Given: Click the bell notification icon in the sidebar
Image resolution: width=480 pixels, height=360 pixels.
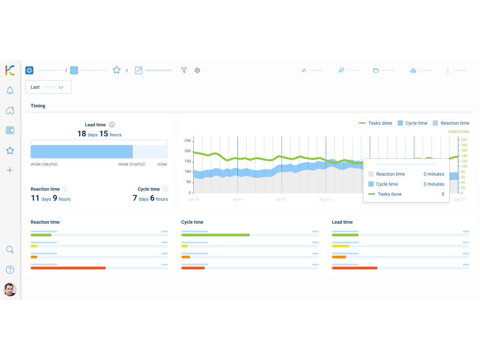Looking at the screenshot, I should point(10,90).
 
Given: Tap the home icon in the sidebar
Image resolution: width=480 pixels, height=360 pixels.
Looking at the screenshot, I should point(10,111).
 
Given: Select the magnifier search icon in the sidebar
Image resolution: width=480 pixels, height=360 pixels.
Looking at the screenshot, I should point(10,250).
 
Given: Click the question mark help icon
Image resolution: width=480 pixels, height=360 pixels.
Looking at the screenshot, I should point(10,270).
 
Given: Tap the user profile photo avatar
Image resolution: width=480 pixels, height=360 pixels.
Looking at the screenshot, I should point(10,290).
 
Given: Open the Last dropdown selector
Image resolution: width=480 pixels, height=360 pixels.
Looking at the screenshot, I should point(48,87).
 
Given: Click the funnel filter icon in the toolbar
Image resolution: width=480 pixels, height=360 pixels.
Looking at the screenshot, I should point(184,70).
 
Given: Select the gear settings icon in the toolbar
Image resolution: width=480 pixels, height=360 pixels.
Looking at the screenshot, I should point(197,70).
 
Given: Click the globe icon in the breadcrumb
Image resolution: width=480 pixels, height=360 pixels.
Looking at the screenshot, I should point(29,70).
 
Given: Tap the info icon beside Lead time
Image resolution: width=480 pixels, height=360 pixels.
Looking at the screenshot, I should point(112,125).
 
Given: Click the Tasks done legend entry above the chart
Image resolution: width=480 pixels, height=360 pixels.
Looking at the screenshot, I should point(375,123).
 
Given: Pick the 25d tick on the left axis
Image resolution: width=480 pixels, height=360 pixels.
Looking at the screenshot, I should point(187,141).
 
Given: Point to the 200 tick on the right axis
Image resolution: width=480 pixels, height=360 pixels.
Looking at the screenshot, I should point(464,140).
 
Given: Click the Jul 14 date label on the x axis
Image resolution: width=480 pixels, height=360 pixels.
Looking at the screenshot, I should point(237,200).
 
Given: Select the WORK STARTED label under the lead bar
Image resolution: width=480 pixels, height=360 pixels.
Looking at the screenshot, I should point(132,165).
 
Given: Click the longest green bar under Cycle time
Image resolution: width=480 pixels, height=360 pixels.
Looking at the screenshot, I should point(215,235).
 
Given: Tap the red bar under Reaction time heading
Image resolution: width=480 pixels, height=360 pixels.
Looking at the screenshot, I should point(68,268).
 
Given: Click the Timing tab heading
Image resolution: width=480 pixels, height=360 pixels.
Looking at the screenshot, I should point(38,106).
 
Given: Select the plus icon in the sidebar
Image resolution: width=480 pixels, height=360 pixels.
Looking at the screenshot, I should point(10,170).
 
